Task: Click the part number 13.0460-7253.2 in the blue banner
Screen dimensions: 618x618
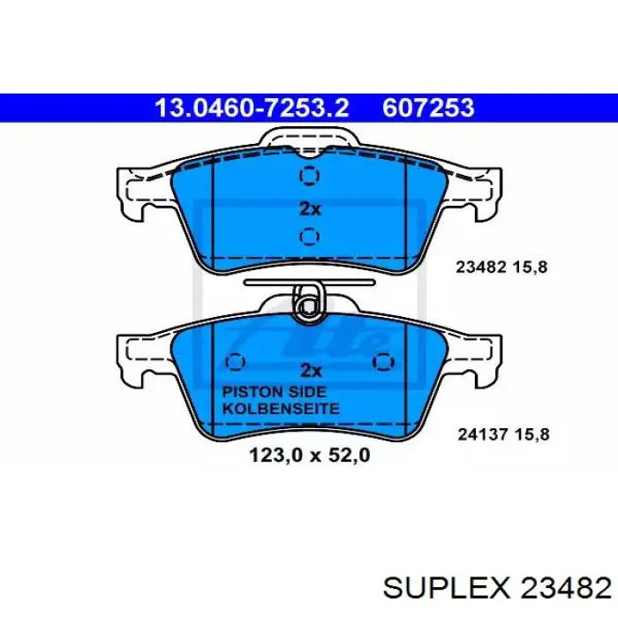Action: click(x=252, y=108)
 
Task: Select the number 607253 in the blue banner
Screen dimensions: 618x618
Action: click(x=428, y=108)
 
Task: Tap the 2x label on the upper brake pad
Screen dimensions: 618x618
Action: click(x=310, y=209)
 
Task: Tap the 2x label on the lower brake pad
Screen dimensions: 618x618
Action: click(x=311, y=370)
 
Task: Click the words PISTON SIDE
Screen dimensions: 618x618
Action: click(x=275, y=392)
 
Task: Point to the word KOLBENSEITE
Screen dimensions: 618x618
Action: click(x=281, y=408)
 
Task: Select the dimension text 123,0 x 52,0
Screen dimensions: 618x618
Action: click(x=309, y=456)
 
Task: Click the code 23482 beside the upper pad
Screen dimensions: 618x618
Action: click(x=481, y=267)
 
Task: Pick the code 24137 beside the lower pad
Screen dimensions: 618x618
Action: click(x=482, y=434)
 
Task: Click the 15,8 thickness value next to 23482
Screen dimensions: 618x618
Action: click(x=530, y=268)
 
